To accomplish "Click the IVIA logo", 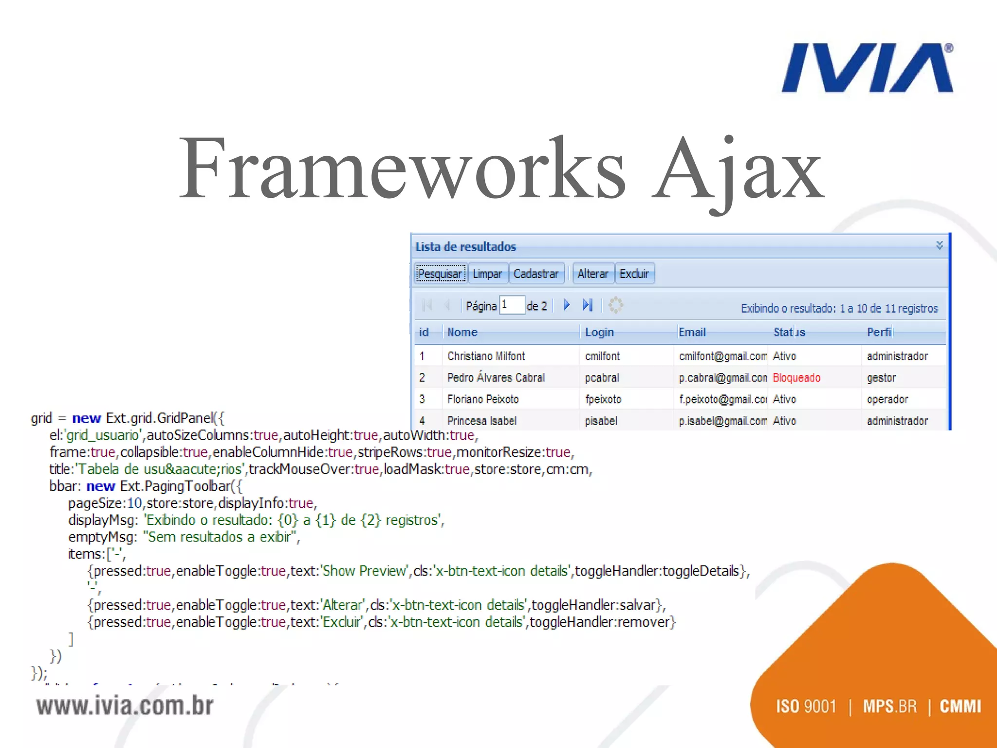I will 867,68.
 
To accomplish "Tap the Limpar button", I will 487,274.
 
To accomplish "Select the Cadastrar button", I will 536,274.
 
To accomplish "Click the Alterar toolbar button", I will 592,274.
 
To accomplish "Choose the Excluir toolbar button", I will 634,274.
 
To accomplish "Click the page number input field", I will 512,305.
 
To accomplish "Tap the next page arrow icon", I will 567,305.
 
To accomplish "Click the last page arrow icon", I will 588,305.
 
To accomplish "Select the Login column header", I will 599,332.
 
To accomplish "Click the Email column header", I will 692,332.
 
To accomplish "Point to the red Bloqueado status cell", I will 796,377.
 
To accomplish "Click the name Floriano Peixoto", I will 483,399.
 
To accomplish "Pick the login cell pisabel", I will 601,421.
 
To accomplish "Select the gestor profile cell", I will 881,377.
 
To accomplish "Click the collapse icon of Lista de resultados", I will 940,245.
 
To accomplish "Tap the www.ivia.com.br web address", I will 125,706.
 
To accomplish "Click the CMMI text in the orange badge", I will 960,706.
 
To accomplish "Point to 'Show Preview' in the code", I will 364,571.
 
